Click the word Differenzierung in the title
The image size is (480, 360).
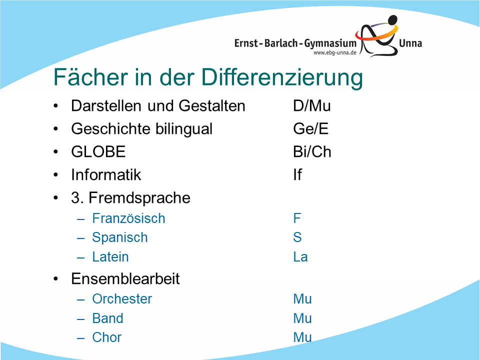coord(282,77)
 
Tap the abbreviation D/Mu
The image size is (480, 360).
coord(312,106)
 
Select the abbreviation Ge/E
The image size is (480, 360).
coord(310,128)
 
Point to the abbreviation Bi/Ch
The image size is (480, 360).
coord(312,151)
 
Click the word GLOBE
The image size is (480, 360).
coord(98,151)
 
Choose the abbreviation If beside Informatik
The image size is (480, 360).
coord(297,174)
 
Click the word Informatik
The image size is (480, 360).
coord(106,174)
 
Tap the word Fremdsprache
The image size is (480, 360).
coord(139,198)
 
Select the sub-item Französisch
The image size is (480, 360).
coord(128,218)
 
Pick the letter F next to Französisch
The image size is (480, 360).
coord(297,218)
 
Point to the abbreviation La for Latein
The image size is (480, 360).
coord(300,257)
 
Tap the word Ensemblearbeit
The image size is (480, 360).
coord(125,279)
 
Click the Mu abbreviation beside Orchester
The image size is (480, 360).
coord(302,299)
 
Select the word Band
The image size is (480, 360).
coord(108,318)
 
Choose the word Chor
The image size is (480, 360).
coord(107,337)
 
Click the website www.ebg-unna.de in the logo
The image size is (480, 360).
coord(335,52)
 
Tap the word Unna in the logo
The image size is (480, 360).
coord(410,43)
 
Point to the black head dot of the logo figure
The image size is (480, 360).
coord(392,20)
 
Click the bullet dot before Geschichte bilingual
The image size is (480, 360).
coord(55,129)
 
